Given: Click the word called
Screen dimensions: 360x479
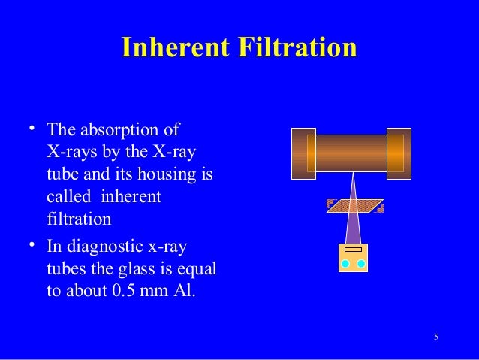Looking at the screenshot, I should pyautogui.click(x=66, y=197).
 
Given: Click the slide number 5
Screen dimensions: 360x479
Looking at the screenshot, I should pyautogui.click(x=436, y=336).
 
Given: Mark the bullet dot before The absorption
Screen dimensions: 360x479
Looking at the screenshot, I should pyautogui.click(x=33, y=127).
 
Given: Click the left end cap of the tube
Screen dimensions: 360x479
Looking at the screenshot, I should pyautogui.click(x=303, y=153).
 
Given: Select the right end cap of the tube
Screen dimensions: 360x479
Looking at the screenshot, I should pyautogui.click(x=399, y=153).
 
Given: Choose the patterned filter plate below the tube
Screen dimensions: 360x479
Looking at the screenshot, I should pyautogui.click(x=355, y=206).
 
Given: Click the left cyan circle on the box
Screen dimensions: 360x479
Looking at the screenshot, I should pyautogui.click(x=345, y=263).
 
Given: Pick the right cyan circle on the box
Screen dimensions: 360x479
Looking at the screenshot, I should pyautogui.click(x=360, y=263).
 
